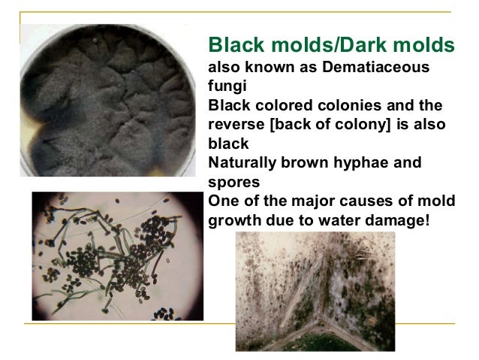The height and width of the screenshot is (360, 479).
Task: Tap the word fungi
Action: (223, 86)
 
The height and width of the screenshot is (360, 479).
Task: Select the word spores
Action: (228, 181)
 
